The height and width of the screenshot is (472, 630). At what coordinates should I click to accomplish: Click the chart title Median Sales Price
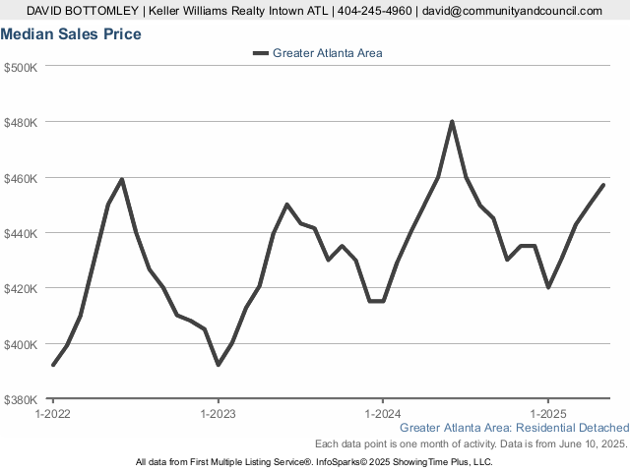pyautogui.click(x=71, y=34)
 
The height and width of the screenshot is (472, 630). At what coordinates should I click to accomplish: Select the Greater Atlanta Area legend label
pyautogui.click(x=327, y=53)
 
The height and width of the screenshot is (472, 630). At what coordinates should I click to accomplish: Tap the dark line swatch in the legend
pyautogui.click(x=260, y=53)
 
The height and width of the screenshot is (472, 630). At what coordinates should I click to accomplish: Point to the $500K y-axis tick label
pyautogui.click(x=21, y=67)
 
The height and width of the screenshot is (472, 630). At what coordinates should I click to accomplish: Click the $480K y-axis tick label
pyautogui.click(x=21, y=122)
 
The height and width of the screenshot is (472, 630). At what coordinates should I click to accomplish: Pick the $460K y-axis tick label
pyautogui.click(x=21, y=178)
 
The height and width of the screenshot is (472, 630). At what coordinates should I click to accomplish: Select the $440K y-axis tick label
pyautogui.click(x=21, y=233)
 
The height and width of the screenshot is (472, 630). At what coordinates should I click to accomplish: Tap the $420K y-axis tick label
pyautogui.click(x=21, y=289)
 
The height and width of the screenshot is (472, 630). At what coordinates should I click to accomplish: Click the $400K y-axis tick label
pyautogui.click(x=21, y=344)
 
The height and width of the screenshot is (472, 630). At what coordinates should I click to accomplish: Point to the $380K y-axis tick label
pyautogui.click(x=21, y=400)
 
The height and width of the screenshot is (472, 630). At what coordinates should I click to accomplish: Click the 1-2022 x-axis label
pyautogui.click(x=53, y=413)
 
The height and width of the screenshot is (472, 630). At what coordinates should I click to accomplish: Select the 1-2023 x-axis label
pyautogui.click(x=218, y=413)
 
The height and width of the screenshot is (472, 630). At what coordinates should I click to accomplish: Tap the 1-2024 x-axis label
pyautogui.click(x=383, y=413)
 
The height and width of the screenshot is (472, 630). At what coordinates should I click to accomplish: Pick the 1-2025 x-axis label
pyautogui.click(x=547, y=413)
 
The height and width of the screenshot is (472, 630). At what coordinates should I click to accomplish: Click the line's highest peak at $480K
pyautogui.click(x=452, y=122)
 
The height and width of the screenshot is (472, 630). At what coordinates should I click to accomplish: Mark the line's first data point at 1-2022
pyautogui.click(x=53, y=365)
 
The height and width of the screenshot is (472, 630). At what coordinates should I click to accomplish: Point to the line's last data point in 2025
pyautogui.click(x=603, y=185)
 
